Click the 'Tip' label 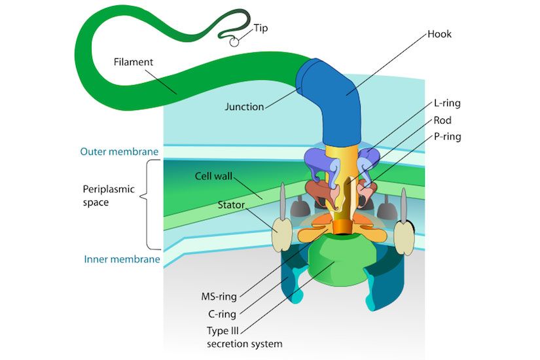pos(261,28)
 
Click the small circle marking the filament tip pos(234,42)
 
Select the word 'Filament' pos(133,62)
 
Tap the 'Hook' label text pos(439,33)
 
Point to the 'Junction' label pos(244,107)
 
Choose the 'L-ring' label pos(447,103)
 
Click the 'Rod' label pos(442,120)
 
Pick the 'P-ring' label pos(447,137)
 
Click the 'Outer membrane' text pos(119,152)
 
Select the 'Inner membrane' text pos(122,259)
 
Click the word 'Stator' pos(231,206)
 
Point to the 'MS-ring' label pos(219,297)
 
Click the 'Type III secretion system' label pos(243,336)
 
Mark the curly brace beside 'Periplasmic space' pos(153,205)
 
